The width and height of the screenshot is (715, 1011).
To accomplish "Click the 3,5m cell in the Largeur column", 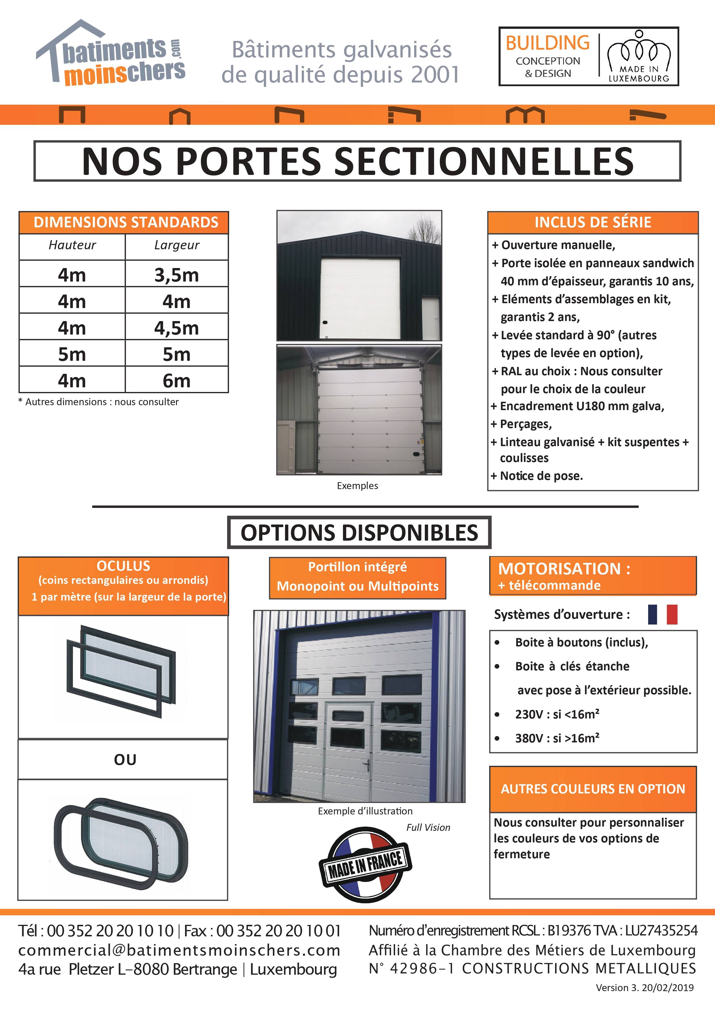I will point(177,275).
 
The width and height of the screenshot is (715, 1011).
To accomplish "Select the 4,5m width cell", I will point(177,328).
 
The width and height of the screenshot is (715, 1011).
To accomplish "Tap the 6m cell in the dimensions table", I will point(177,380).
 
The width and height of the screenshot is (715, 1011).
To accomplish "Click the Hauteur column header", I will point(72,245).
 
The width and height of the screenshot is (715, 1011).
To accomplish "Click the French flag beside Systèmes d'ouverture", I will point(662,614).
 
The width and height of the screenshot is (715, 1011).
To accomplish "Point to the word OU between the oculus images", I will point(125,760).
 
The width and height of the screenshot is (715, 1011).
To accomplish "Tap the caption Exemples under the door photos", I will point(357,486).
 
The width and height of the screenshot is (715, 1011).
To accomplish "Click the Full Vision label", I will point(428,827).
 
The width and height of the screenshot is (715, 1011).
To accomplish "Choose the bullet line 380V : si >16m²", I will point(557,738).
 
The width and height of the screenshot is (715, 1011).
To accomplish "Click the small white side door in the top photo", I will point(431,318).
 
